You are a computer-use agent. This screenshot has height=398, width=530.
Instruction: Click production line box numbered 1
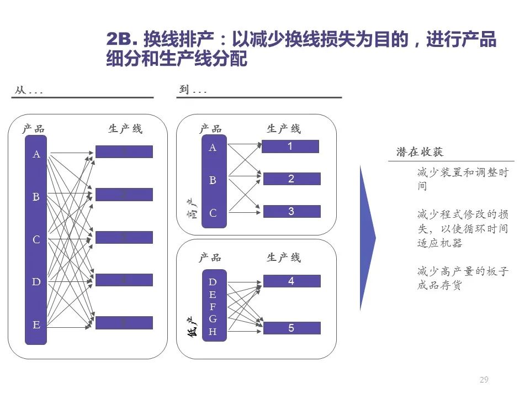tap(290, 146)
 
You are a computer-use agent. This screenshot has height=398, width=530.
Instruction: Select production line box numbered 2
tap(291, 179)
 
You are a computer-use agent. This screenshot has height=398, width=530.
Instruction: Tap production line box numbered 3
tap(291, 212)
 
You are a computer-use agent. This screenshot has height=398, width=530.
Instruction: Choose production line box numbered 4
tap(291, 281)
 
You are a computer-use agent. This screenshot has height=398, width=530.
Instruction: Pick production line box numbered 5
tap(291, 328)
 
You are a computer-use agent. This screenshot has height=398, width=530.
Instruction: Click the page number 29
tap(484, 379)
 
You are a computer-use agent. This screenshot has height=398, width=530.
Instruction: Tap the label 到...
tap(183, 90)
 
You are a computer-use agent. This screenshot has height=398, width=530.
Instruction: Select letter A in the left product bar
tap(36, 155)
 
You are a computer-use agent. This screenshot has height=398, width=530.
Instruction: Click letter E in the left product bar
tap(36, 325)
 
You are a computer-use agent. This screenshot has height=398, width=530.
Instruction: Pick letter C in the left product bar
tap(36, 240)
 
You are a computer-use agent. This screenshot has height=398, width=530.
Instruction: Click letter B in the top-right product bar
tap(213, 180)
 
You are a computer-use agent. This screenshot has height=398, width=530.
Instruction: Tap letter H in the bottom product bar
tap(213, 332)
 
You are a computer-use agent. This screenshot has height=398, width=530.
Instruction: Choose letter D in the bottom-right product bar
tap(213, 282)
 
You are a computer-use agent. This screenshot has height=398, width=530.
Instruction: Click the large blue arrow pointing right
tap(367, 238)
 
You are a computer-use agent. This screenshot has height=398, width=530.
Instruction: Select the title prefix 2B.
tap(120, 40)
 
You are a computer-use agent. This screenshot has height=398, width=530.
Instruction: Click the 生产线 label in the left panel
tap(125, 129)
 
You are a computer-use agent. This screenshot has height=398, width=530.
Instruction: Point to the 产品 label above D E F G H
tap(210, 258)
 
